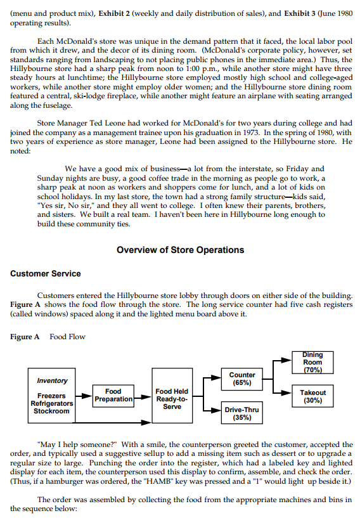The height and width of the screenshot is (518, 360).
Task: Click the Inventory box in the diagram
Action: pos(51,396)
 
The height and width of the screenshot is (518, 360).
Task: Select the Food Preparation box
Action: pos(113,396)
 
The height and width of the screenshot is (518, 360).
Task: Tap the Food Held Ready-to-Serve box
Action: pos(172,396)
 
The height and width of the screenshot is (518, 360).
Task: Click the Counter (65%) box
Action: pos(242,379)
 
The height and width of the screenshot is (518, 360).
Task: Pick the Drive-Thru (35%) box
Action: pos(242,413)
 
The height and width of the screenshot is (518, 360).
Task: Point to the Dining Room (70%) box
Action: pos(312,363)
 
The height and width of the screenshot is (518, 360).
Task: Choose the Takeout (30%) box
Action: pos(312,396)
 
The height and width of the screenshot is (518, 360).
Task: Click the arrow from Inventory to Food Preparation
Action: pos(84,396)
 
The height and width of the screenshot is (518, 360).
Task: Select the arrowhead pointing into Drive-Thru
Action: pos(216,410)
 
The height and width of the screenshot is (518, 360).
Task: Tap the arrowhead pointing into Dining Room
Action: pos(287,360)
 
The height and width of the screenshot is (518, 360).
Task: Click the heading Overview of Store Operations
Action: pos(181,250)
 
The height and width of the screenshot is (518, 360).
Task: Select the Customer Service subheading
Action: pos(46,273)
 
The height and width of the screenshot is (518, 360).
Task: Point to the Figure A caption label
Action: pos(25,337)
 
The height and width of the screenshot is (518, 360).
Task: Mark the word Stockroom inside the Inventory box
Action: pos(51,411)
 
